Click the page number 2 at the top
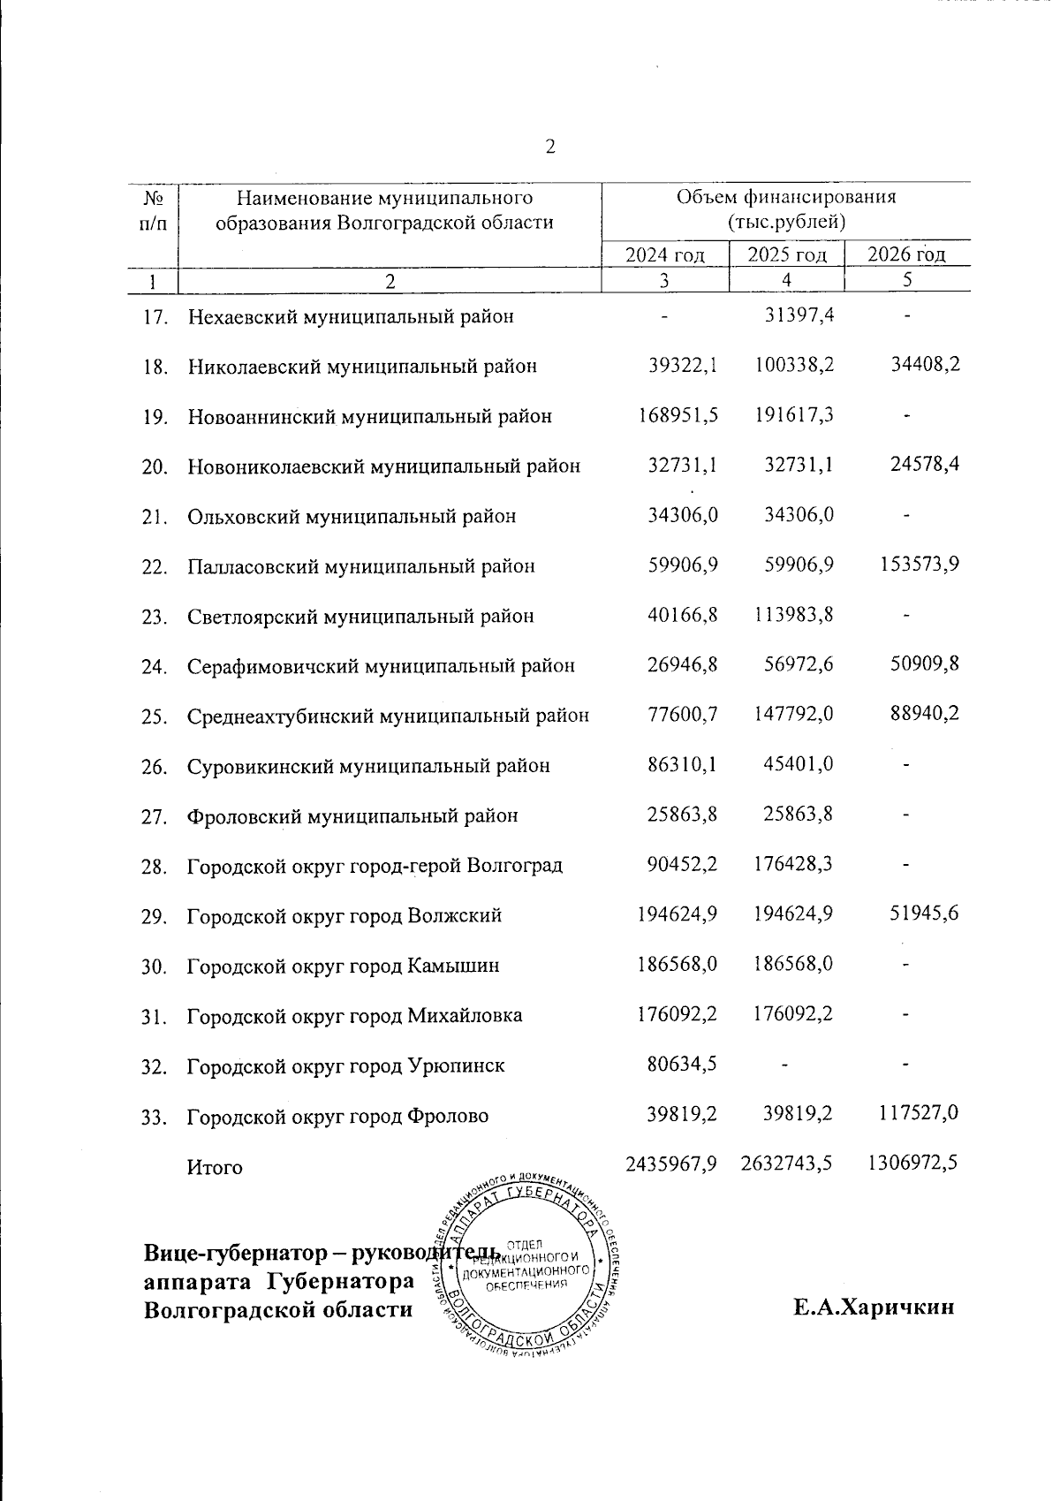click(x=549, y=147)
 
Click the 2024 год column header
click(x=664, y=255)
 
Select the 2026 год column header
click(x=907, y=255)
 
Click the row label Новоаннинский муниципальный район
click(x=369, y=416)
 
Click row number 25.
click(x=155, y=716)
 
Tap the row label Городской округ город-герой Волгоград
click(x=375, y=866)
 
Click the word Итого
click(x=215, y=1167)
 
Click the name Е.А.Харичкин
click(x=874, y=1308)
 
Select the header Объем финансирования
click(x=785, y=197)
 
